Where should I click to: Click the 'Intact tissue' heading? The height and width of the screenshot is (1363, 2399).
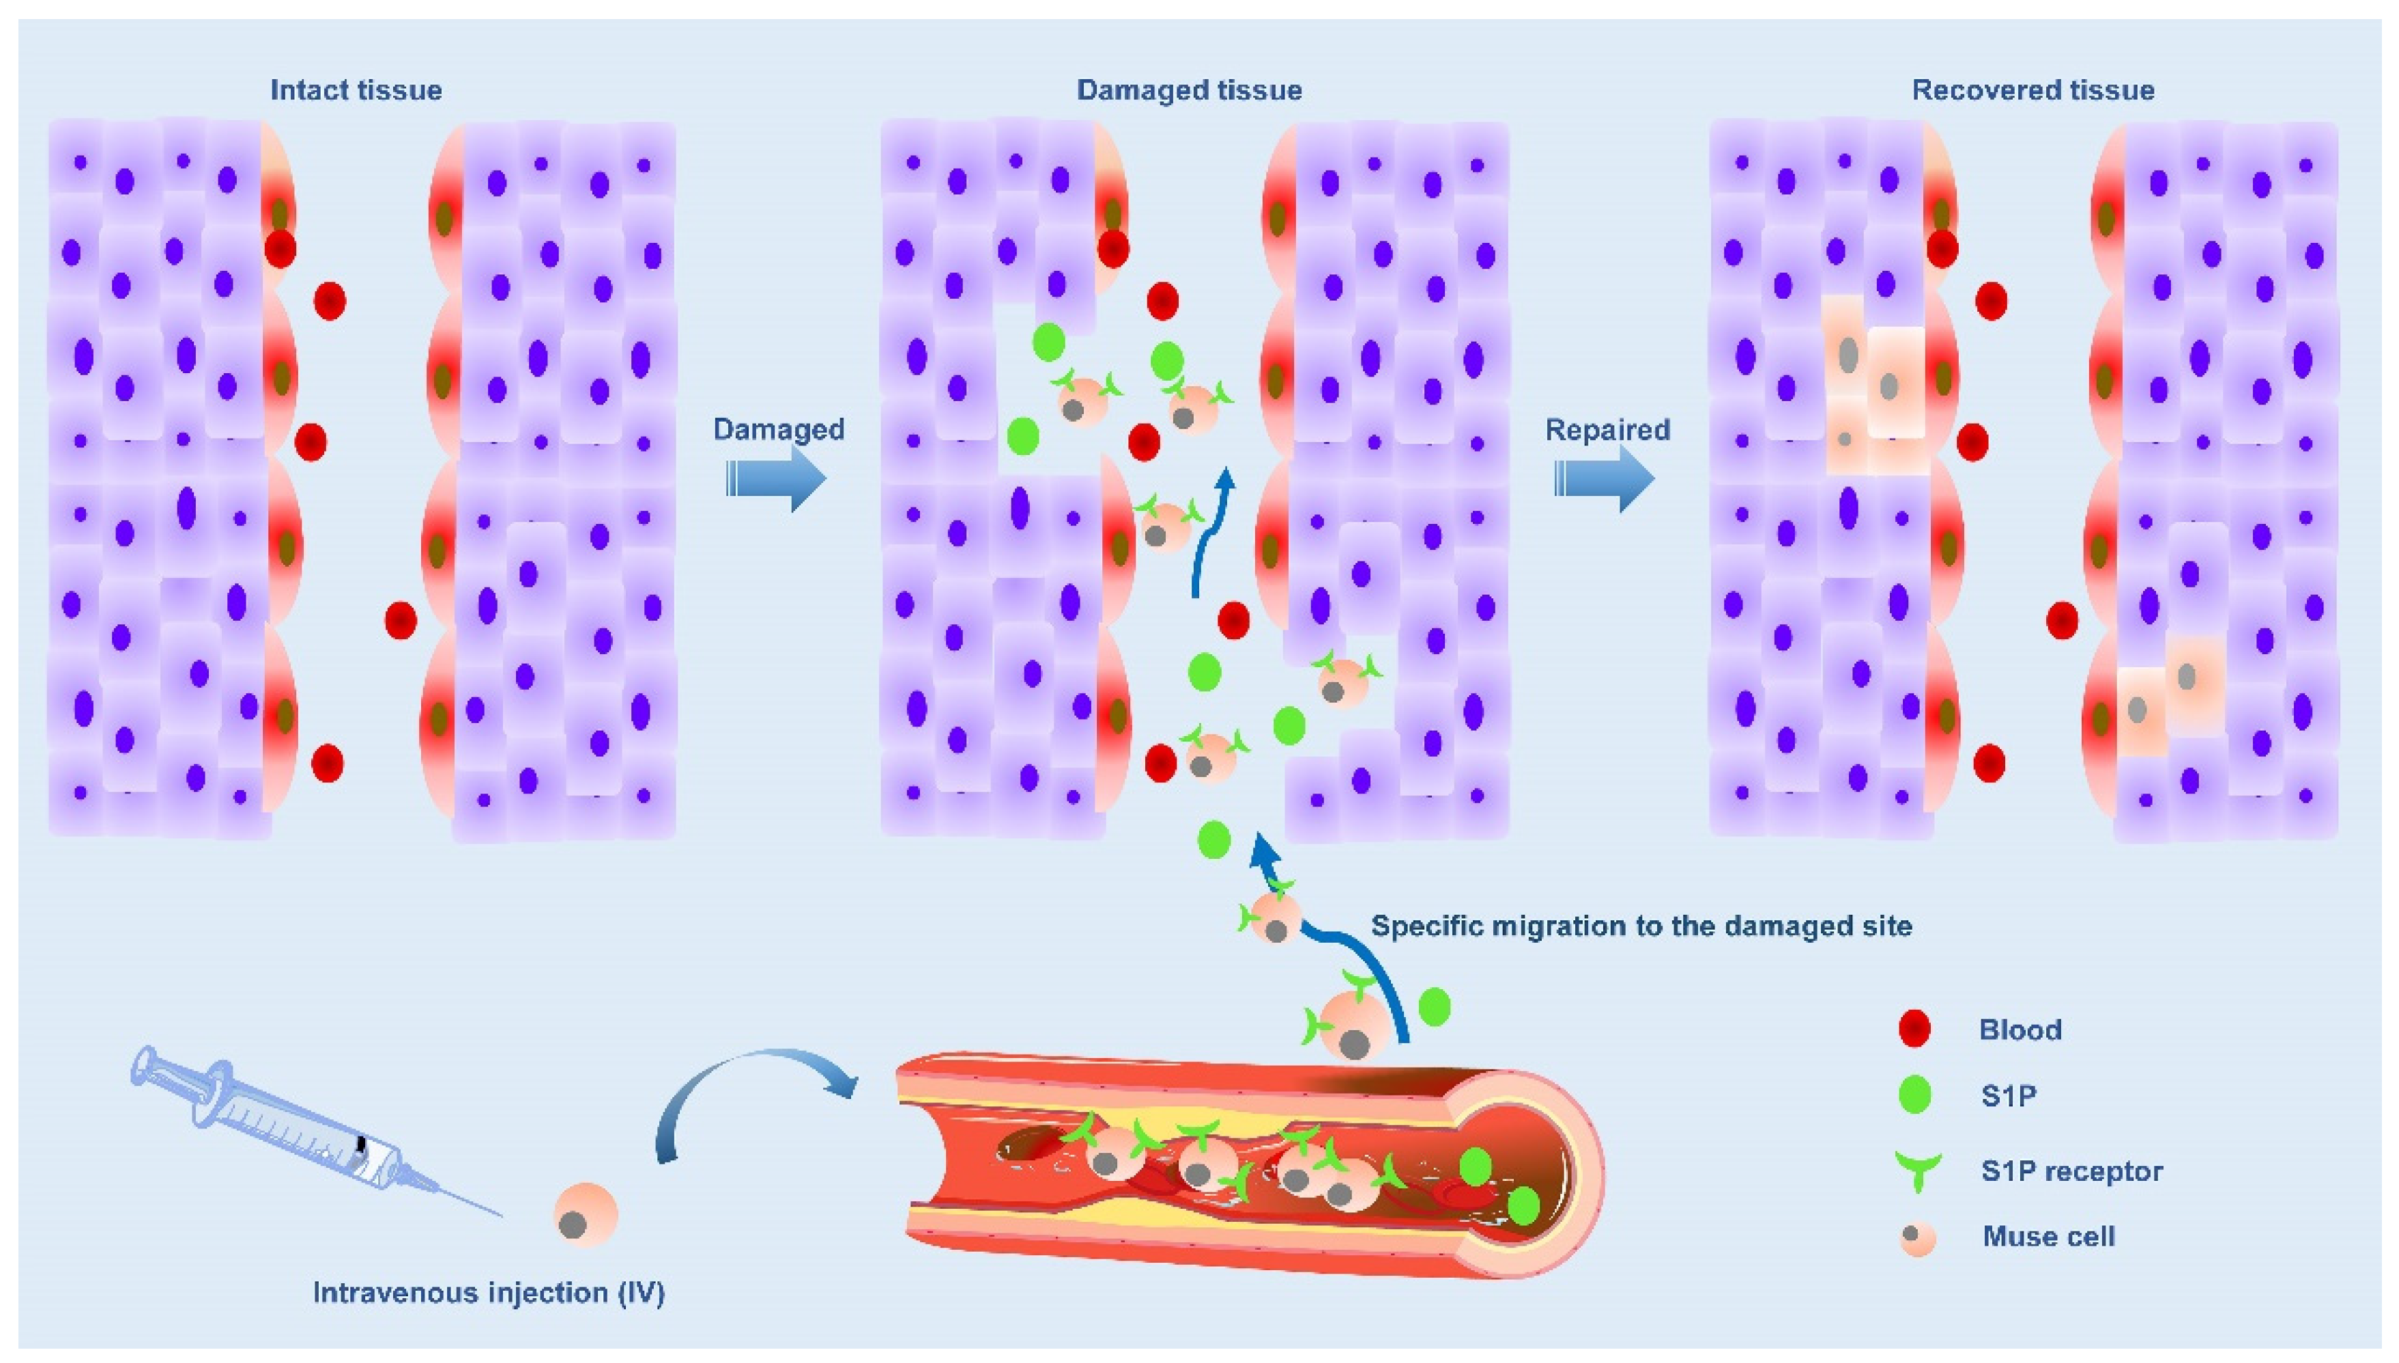coord(356,90)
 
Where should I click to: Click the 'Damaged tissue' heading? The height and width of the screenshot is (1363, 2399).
coord(1188,90)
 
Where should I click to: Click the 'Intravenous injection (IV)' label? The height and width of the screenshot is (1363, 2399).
coord(488,1293)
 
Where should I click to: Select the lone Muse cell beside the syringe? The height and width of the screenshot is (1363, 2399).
coord(585,1214)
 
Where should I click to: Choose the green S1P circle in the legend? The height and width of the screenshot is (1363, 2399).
coord(1915,1094)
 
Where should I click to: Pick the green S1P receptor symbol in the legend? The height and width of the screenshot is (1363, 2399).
coord(1916,1169)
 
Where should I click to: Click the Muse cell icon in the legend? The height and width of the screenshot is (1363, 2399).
coord(1916,1237)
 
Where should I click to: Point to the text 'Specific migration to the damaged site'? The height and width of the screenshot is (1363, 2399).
coord(1641,926)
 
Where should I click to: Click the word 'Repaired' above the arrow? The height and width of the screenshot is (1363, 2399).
coord(1607,430)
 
